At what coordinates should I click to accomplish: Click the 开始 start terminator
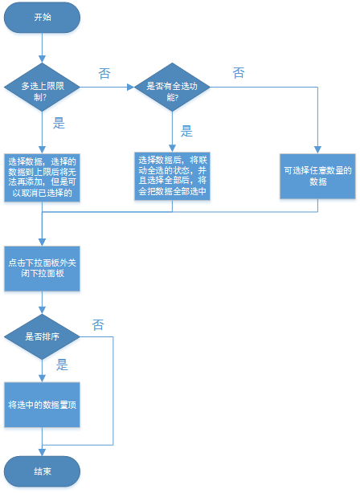(x=42, y=18)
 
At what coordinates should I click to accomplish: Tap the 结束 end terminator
(x=42, y=471)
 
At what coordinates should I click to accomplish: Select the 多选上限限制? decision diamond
(x=42, y=87)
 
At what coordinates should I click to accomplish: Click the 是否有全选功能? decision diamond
(x=172, y=87)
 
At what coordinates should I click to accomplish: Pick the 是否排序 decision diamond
(x=42, y=336)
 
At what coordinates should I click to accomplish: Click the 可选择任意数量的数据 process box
(x=317, y=177)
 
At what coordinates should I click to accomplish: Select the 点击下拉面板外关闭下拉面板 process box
(x=42, y=268)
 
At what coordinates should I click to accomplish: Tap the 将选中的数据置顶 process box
(x=42, y=405)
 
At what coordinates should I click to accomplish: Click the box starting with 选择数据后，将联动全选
(x=172, y=177)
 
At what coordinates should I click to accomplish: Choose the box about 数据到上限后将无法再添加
(x=42, y=177)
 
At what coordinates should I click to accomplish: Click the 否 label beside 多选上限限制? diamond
(x=104, y=74)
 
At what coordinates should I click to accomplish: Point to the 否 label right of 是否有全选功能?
(x=239, y=73)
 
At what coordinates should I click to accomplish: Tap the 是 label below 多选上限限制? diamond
(x=59, y=123)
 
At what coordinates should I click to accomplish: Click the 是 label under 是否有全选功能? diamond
(x=186, y=131)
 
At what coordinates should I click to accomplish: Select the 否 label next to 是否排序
(x=98, y=325)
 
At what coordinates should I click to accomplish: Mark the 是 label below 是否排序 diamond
(x=62, y=365)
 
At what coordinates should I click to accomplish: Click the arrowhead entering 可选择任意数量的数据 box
(x=317, y=150)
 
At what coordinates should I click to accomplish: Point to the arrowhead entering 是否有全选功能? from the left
(x=131, y=87)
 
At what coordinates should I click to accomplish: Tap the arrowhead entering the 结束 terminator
(x=42, y=452)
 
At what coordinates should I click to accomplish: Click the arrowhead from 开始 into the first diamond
(x=42, y=59)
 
